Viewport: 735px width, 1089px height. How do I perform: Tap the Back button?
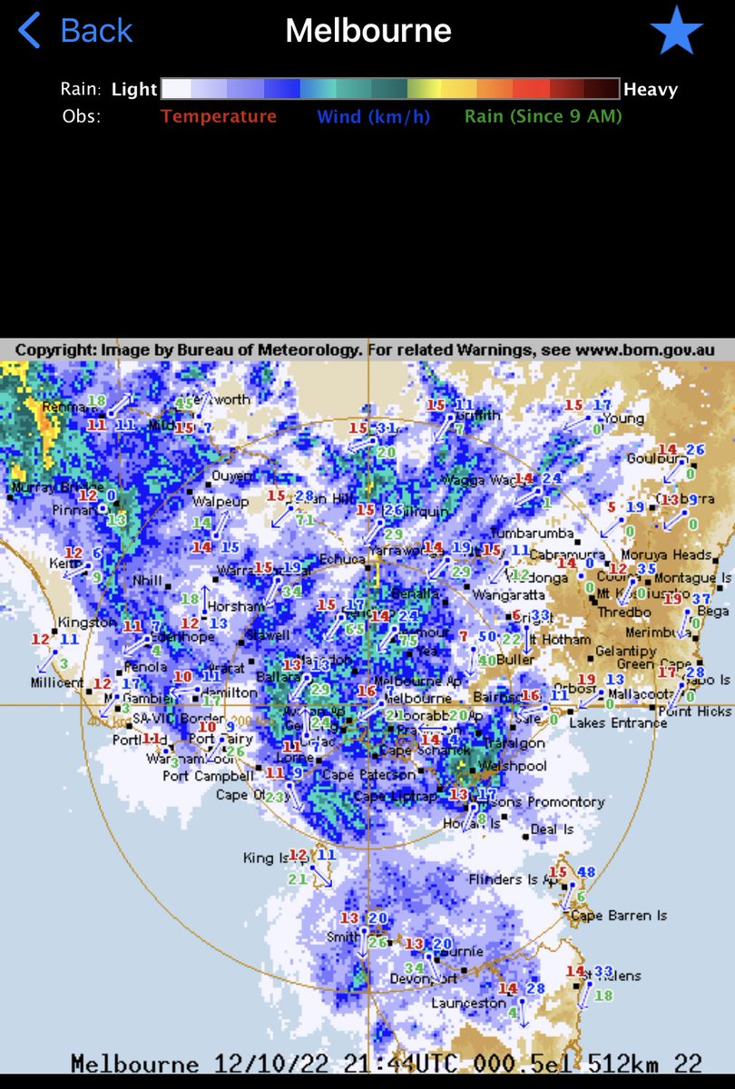point(76,31)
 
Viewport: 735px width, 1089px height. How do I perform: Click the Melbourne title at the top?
point(367,31)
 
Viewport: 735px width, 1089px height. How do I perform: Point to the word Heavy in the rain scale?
point(650,89)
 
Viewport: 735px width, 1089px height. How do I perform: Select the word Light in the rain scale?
point(134,89)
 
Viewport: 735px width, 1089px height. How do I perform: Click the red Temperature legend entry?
point(219,116)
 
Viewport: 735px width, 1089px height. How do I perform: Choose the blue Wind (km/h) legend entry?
point(373,116)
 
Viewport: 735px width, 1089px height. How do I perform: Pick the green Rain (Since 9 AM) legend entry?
point(543,116)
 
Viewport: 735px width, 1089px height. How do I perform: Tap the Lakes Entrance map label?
point(618,722)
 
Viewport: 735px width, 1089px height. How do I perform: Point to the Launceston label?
point(468,1003)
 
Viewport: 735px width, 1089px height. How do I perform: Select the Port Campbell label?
point(208,776)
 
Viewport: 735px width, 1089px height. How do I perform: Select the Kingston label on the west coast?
point(83,623)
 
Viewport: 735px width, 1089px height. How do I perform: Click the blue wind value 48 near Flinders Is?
point(586,872)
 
